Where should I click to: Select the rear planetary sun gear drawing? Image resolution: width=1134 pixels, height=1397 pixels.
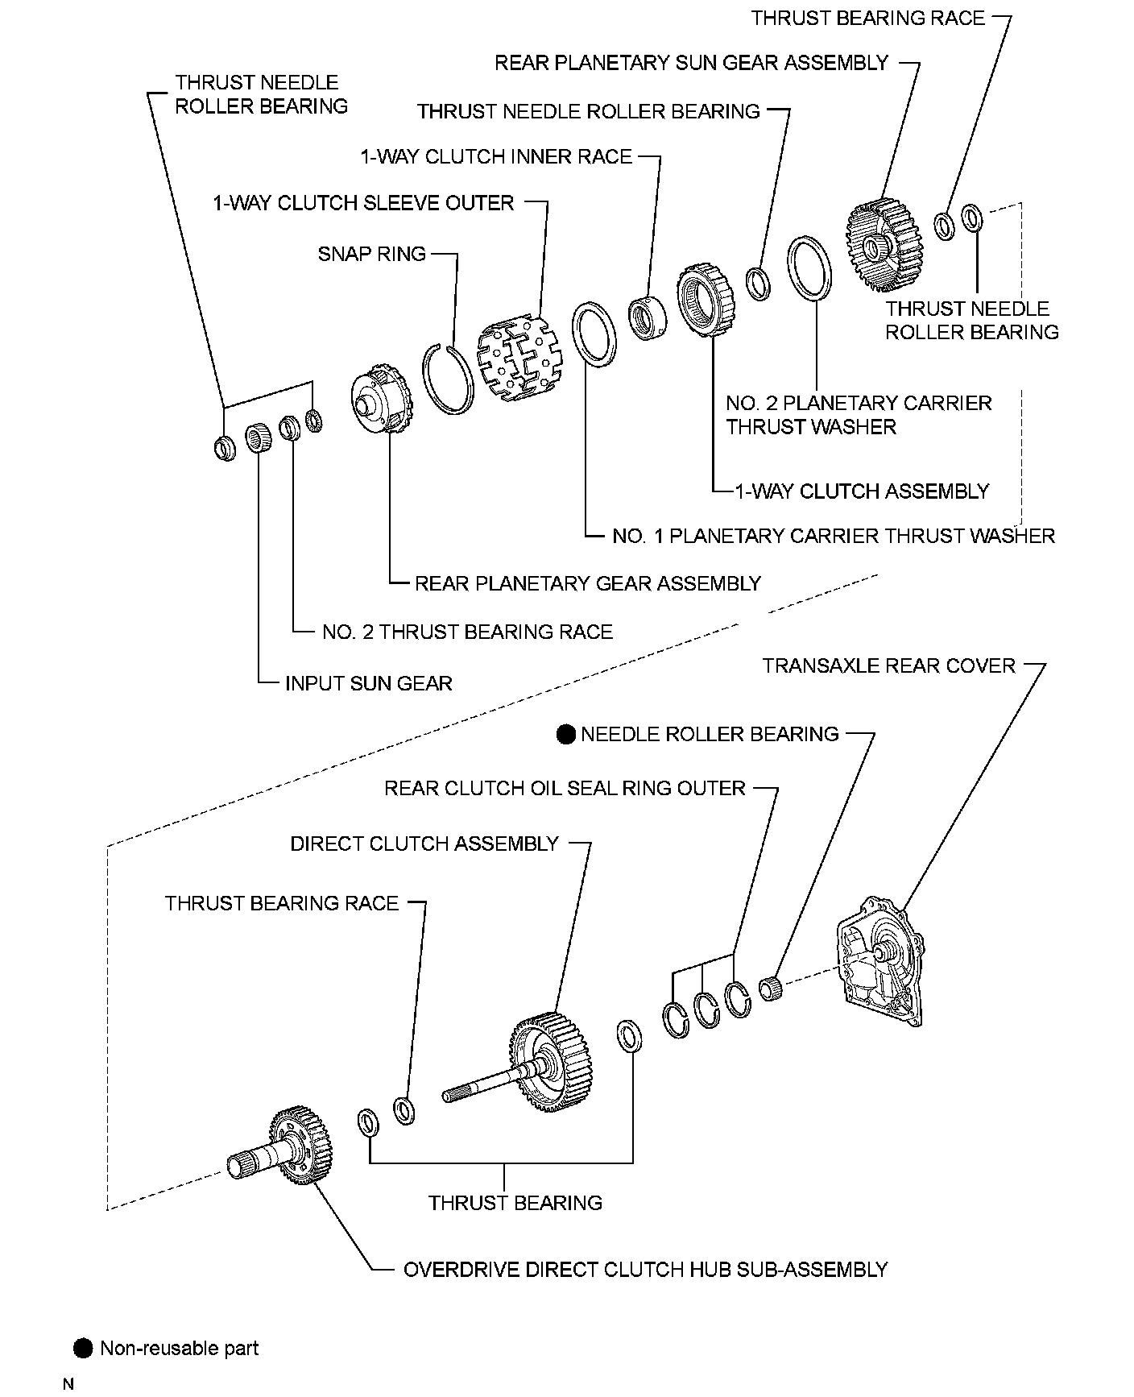tap(883, 245)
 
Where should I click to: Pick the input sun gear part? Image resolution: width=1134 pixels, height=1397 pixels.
tap(258, 440)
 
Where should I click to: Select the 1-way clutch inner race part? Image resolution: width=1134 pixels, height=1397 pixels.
tap(646, 317)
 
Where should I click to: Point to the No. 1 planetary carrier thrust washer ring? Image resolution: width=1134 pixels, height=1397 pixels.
tap(594, 334)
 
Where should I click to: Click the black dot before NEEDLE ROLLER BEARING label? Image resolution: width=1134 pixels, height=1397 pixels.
tap(566, 734)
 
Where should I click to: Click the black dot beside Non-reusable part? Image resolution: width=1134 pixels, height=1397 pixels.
tap(83, 1349)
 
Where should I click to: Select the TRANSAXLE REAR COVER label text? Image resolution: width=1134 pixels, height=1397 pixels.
tap(889, 666)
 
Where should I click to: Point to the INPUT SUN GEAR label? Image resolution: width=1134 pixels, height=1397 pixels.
tap(368, 684)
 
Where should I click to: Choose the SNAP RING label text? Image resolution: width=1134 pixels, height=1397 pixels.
tap(371, 255)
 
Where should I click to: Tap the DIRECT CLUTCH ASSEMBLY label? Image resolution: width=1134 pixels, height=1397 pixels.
tap(424, 844)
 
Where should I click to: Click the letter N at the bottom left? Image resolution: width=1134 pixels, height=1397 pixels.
tap(68, 1384)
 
